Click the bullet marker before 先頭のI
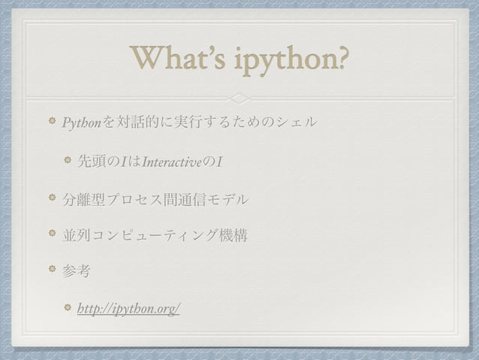coord(68,160)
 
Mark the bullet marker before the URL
coord(68,308)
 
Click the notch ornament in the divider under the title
coord(239,98)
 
